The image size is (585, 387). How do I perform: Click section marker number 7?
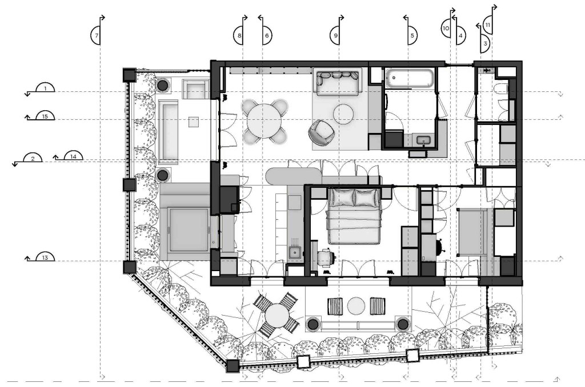(x=96, y=36)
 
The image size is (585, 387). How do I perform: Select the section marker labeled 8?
(x=239, y=36)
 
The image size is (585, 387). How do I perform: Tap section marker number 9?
(x=335, y=36)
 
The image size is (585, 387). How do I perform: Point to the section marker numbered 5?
(x=412, y=36)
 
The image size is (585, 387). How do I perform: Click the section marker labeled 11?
(x=488, y=25)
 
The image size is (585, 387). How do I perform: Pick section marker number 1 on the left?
(x=45, y=88)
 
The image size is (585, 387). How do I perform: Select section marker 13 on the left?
(x=45, y=257)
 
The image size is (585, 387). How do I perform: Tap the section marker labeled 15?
(x=45, y=116)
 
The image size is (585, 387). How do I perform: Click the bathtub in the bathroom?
(x=409, y=78)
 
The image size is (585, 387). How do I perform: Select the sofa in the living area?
(x=338, y=82)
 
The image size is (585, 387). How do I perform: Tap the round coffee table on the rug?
(x=343, y=114)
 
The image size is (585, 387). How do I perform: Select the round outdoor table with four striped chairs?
(x=276, y=314)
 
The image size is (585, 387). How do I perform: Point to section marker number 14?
(x=73, y=156)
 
